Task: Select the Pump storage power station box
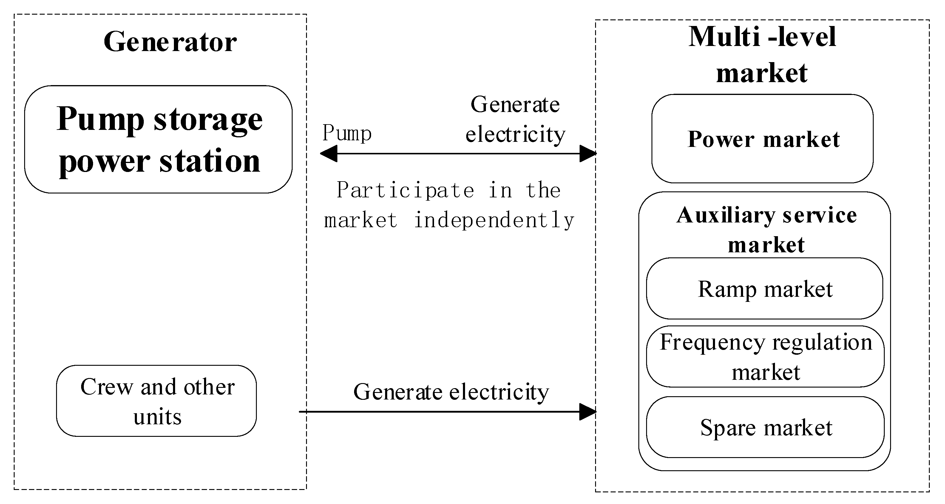coord(158,139)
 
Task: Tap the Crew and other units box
coord(157,401)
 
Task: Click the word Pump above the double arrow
coord(347,133)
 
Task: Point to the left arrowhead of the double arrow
coord(328,153)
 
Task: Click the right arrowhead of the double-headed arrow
coord(587,153)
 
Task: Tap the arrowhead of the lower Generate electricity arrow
coord(587,411)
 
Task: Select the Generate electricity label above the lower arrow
coord(451,392)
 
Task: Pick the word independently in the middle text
coord(494,220)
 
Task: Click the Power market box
coord(762,139)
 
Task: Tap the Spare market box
coord(765,427)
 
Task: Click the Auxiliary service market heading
coord(766,229)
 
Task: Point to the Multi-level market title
coord(762,54)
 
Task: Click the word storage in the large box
coord(208,119)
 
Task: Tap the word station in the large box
coord(210,161)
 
